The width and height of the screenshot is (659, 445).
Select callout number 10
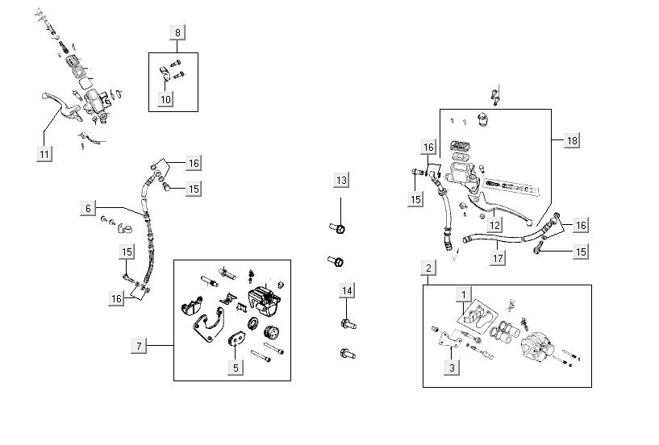pos(165,99)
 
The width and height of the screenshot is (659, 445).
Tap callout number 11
pos(45,152)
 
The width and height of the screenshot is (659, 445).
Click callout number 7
pos(139,346)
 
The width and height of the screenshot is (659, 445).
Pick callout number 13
pos(342,179)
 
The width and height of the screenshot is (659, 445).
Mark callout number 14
pos(347,290)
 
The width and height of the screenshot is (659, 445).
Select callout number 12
pos(497,225)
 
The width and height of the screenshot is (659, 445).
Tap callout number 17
pos(498,259)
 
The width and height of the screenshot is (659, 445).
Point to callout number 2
pos(429,268)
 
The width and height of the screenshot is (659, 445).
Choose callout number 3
pos(453,368)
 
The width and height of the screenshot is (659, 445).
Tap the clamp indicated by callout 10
pos(161,75)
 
